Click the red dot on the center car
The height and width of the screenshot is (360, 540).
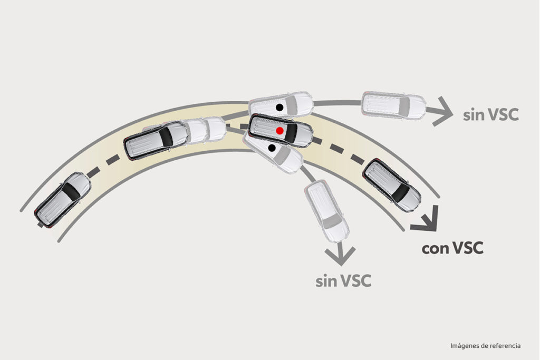(279, 131)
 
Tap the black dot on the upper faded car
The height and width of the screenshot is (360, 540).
(279, 108)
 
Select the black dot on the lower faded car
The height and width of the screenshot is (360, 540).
(272, 148)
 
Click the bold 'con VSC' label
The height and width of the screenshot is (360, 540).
(452, 248)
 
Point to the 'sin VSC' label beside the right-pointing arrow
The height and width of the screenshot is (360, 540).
(491, 114)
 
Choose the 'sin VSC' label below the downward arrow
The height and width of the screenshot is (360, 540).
(343, 281)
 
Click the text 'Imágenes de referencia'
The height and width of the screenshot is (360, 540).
(485, 346)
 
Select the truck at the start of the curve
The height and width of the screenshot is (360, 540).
(62, 200)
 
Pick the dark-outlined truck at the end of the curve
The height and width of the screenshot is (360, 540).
(392, 185)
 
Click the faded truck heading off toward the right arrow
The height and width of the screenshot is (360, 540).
(393, 105)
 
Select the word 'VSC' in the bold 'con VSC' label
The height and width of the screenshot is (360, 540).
(468, 248)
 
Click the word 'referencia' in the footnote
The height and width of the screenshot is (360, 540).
(506, 346)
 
